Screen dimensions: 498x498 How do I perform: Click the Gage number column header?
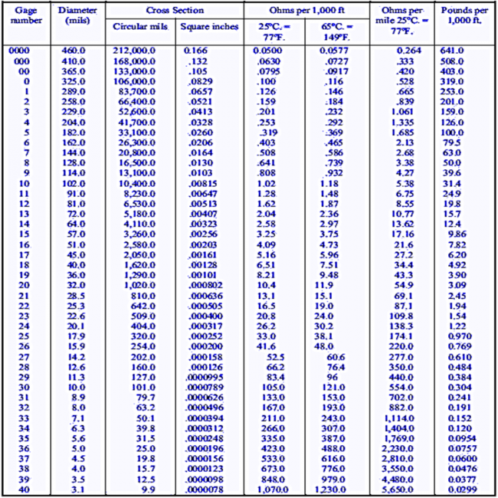pyautogui.click(x=26, y=15)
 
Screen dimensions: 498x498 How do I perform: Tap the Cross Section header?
pyautogui.click(x=175, y=11)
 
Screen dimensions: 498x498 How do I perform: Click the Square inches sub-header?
pyautogui.click(x=208, y=27)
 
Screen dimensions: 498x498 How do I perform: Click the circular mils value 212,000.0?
pyautogui.click(x=133, y=50)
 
